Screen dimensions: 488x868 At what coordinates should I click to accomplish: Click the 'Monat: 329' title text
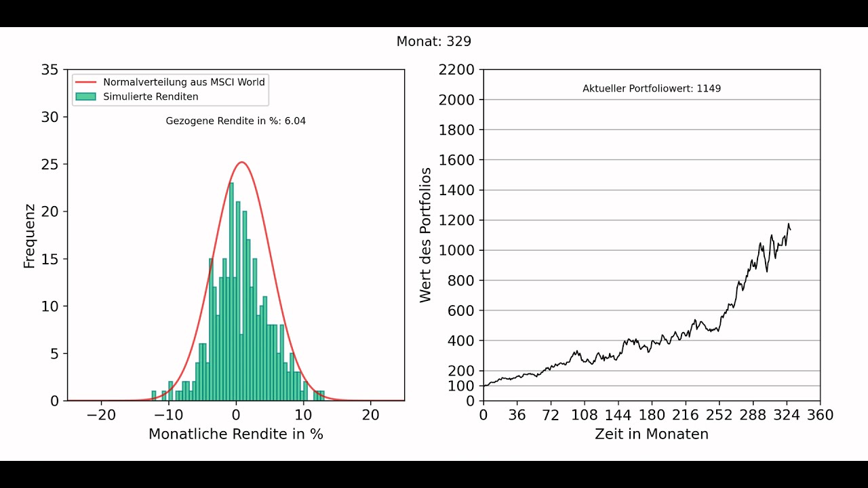[x=433, y=41]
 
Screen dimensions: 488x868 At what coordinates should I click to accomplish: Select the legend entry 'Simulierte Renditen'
[x=151, y=96]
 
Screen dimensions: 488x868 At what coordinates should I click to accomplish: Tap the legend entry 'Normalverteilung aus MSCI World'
[x=184, y=81]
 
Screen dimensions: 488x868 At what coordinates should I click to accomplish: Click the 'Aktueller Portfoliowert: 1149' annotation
[x=651, y=89]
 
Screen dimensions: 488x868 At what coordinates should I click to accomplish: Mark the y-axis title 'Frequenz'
[x=29, y=235]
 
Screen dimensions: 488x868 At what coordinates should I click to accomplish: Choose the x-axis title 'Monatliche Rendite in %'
[x=235, y=434]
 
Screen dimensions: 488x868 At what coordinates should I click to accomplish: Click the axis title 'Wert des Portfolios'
[x=425, y=235]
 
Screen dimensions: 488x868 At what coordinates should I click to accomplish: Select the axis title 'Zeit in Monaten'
[x=651, y=434]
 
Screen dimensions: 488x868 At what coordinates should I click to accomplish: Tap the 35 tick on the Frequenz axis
[x=50, y=70]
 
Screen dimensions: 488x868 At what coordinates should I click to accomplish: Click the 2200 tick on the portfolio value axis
[x=457, y=70]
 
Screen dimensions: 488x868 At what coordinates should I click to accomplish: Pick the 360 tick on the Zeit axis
[x=820, y=414]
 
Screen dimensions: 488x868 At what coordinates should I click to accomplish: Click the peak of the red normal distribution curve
[x=241, y=162]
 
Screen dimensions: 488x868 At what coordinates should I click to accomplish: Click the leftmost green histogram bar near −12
[x=154, y=396]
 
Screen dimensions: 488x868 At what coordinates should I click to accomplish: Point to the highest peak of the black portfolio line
[x=788, y=224]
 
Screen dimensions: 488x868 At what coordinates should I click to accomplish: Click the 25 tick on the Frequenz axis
[x=50, y=164]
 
